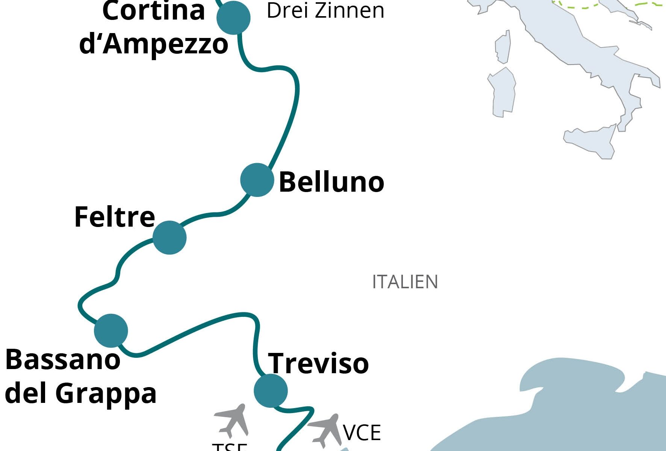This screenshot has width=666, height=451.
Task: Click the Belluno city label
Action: (x=331, y=182)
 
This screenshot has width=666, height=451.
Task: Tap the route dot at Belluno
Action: (x=257, y=180)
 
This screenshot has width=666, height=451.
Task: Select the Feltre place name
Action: (x=115, y=217)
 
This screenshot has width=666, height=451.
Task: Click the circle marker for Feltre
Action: (x=170, y=238)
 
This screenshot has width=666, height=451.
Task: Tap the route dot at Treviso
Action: (x=271, y=391)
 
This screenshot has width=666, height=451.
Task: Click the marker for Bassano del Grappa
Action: (x=111, y=331)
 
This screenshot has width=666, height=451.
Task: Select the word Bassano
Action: (x=63, y=360)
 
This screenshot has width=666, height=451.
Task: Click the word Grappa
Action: (x=106, y=394)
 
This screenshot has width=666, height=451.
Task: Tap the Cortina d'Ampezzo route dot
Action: (x=234, y=17)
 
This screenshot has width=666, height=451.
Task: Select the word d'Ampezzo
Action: (x=154, y=44)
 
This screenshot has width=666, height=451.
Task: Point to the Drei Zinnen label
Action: (x=325, y=11)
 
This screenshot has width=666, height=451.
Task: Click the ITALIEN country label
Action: (x=405, y=282)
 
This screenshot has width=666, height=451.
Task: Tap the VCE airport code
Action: (x=362, y=433)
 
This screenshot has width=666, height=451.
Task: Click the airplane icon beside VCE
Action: (x=325, y=430)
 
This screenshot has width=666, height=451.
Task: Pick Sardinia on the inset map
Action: (x=502, y=92)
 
